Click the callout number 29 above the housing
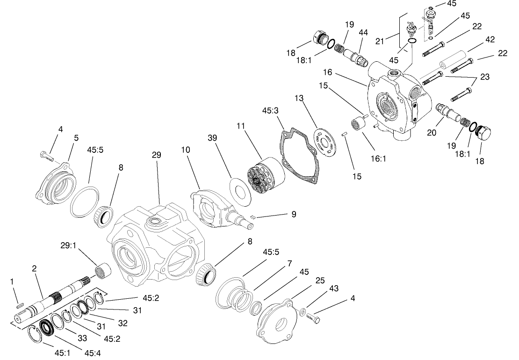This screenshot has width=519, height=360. click(x=157, y=154)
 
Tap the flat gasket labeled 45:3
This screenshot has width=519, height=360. click(x=299, y=154)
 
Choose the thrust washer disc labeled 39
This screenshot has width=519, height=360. click(x=241, y=193)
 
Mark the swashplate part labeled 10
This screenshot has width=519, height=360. click(x=213, y=208)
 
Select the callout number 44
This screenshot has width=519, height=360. click(x=363, y=32)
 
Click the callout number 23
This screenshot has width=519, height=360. click(x=484, y=77)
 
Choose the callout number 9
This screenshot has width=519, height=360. click(x=293, y=214)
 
